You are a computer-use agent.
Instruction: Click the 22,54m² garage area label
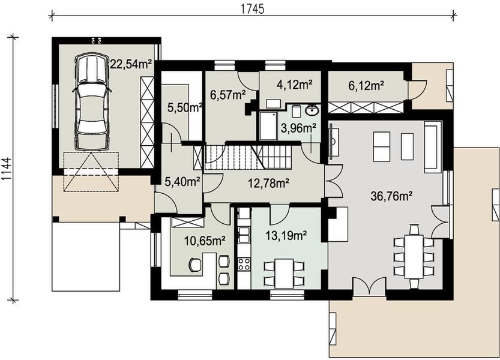131,64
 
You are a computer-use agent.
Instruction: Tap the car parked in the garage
91,101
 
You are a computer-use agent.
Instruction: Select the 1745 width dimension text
252,10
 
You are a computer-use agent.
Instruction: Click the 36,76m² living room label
392,196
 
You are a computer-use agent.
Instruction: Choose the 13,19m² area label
286,235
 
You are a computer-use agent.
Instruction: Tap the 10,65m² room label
205,241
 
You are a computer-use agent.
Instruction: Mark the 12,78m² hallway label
269,183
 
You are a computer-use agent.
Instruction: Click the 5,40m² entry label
182,182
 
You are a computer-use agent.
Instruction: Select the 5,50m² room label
185,108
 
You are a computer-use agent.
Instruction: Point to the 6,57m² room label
227,95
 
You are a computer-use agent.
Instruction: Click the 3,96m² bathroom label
298,128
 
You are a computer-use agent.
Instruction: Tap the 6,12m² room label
366,85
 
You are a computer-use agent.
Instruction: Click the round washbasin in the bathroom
311,110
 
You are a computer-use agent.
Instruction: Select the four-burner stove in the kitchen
244,264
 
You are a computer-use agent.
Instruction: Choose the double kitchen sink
244,235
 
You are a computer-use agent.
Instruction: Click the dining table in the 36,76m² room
414,257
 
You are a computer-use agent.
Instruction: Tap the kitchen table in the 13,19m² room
284,273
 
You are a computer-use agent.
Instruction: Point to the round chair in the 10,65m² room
195,265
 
